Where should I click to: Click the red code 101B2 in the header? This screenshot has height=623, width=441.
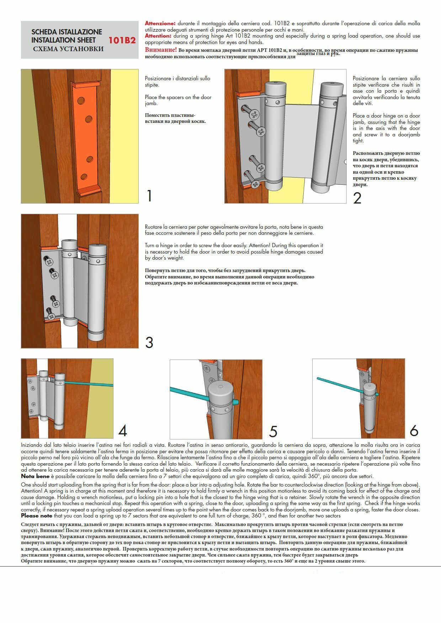click(x=122, y=40)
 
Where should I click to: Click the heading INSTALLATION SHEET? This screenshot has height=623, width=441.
click(x=63, y=40)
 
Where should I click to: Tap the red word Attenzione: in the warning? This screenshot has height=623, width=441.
click(x=160, y=23)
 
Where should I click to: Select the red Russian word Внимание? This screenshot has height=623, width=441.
click(x=161, y=50)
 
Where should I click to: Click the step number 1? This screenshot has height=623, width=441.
click(x=149, y=196)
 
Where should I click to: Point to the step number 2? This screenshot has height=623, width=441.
click(x=357, y=198)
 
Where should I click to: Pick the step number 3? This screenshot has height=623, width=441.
click(x=149, y=342)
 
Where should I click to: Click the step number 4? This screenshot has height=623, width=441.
click(x=123, y=431)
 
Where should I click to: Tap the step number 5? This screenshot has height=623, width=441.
click(x=273, y=431)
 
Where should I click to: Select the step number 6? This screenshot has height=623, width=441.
click(x=414, y=430)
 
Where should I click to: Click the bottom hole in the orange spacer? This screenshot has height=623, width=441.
click(x=84, y=177)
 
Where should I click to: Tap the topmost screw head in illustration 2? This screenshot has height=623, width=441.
click(x=254, y=114)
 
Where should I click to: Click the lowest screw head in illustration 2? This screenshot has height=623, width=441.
click(x=255, y=184)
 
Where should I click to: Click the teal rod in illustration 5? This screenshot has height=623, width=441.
click(x=188, y=394)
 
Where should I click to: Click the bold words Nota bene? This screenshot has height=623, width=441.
click(x=35, y=476)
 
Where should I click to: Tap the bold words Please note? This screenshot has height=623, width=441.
click(x=36, y=516)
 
